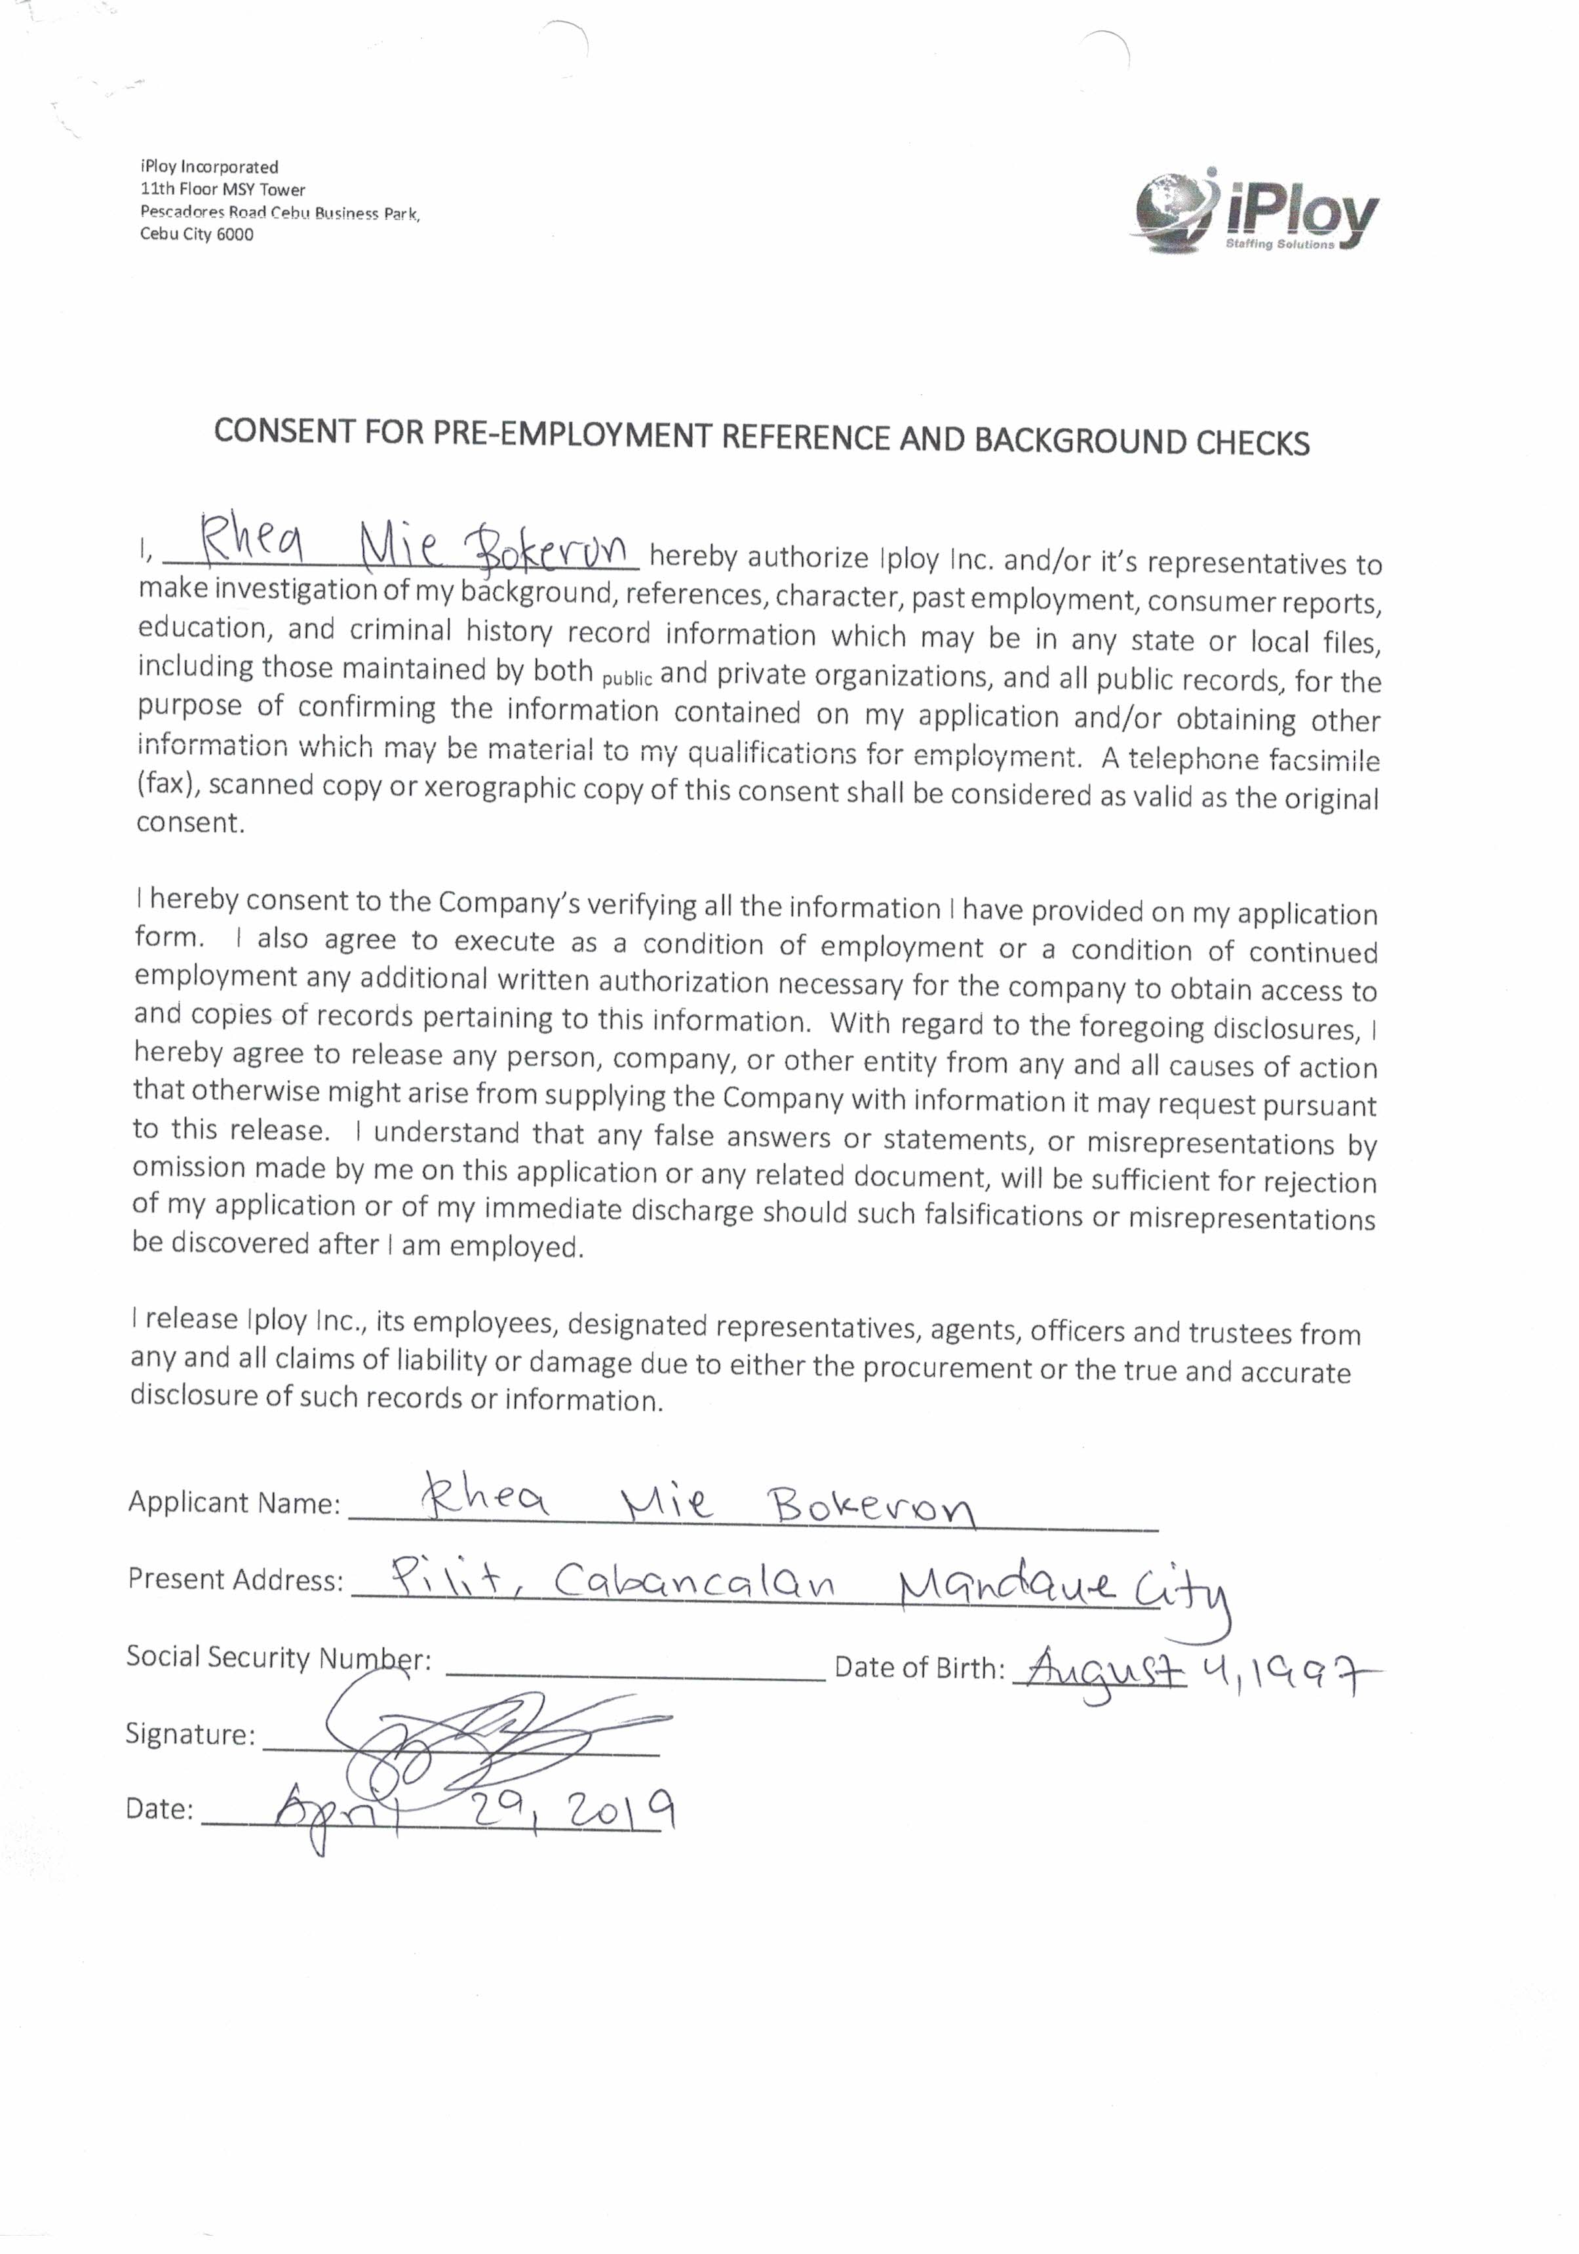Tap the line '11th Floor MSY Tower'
click(x=223, y=190)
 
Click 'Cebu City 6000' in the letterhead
click(x=196, y=235)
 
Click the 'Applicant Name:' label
click(x=233, y=1502)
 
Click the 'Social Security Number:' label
click(x=279, y=1658)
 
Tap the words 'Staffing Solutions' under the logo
click(x=1279, y=243)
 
